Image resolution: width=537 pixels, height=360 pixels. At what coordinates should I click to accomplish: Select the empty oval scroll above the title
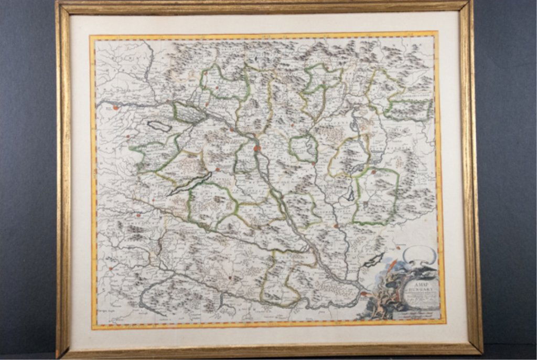pos(419,255)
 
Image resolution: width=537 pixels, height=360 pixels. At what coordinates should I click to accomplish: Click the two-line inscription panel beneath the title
pos(417,314)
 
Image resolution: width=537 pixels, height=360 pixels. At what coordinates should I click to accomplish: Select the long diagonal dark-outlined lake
pos(188,184)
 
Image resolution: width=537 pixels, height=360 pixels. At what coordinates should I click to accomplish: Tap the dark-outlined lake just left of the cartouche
pos(373,259)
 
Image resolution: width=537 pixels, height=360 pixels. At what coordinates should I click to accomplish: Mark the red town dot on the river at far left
pos(115,108)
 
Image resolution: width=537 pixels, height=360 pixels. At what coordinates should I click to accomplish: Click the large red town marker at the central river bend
pos(257,149)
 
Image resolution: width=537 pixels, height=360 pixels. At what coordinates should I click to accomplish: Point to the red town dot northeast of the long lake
pos(217,170)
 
